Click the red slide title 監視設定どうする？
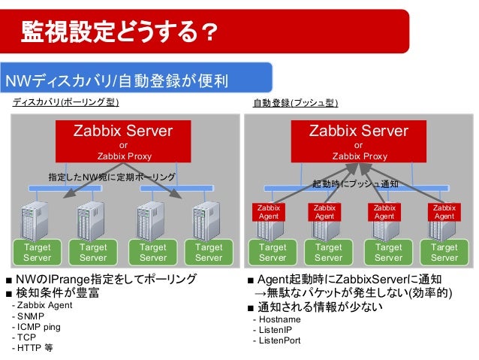(x=120, y=31)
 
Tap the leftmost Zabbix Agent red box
(x=268, y=211)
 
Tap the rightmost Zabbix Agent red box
(x=444, y=211)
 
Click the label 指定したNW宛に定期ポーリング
(x=112, y=177)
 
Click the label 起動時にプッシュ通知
(x=355, y=183)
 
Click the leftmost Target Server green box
(x=38, y=252)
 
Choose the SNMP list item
(x=28, y=316)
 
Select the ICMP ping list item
(x=37, y=327)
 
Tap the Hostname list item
(x=276, y=319)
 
